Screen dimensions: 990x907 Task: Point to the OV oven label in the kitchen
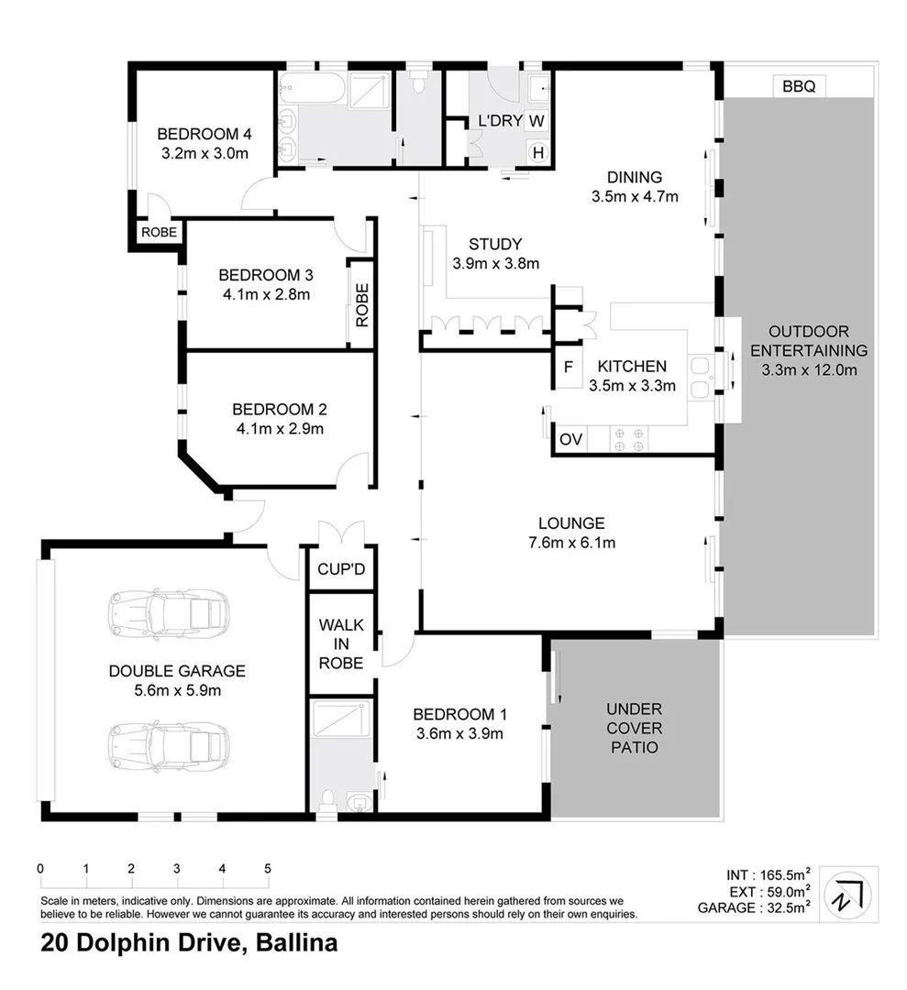coord(570,440)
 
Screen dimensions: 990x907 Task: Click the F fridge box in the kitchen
coord(568,367)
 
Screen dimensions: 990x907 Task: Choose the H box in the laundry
coord(537,152)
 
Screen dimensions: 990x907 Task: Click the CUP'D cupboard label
coord(341,570)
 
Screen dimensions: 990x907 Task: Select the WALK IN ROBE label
coord(341,643)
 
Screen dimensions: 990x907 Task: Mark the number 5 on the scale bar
coord(268,869)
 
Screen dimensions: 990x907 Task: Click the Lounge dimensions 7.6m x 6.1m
coord(570,543)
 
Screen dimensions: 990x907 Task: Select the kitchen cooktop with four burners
coord(626,439)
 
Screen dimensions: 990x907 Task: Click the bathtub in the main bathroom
coord(313,89)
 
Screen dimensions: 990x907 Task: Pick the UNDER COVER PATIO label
coord(634,728)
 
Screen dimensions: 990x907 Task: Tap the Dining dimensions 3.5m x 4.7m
coord(635,196)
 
